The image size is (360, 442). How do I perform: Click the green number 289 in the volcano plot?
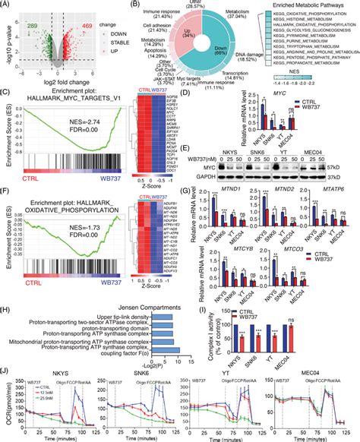[30, 15]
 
